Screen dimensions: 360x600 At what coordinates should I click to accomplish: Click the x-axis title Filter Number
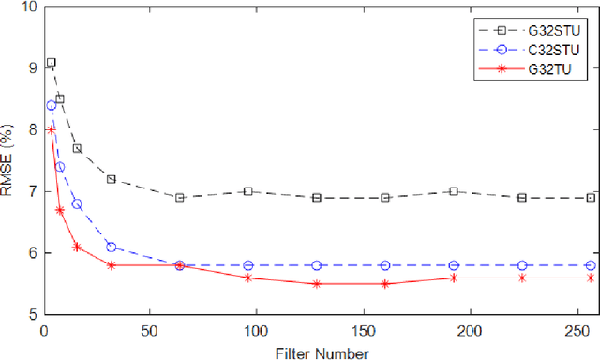(322, 352)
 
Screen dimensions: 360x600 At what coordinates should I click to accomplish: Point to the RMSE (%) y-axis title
(8, 161)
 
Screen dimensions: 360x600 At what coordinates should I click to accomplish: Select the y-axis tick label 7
(30, 191)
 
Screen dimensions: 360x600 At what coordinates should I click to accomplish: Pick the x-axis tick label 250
(576, 331)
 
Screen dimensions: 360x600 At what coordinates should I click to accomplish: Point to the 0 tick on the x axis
(43, 331)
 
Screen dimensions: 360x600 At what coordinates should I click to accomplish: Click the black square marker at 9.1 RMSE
(51, 62)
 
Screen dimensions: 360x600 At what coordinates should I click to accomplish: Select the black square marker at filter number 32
(112, 179)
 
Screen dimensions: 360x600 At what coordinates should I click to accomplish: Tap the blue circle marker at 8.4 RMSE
(51, 106)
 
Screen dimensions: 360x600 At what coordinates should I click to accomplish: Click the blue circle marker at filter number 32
(112, 247)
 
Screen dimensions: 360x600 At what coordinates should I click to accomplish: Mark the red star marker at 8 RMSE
(51, 130)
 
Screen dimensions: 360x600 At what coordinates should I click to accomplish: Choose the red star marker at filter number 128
(317, 283)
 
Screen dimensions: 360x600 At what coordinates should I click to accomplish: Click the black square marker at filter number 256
(591, 198)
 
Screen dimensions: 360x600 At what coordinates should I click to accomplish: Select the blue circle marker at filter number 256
(591, 265)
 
